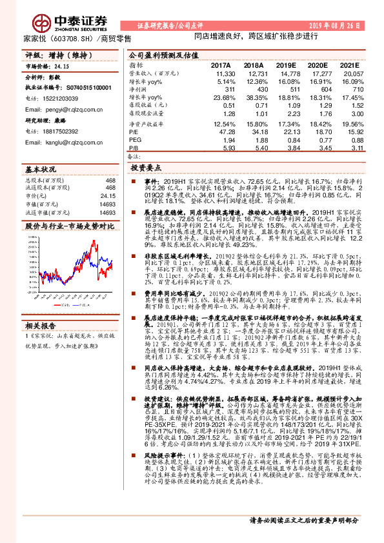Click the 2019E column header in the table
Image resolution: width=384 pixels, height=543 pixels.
[x=285, y=66]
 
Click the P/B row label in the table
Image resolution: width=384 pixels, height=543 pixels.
[x=134, y=148]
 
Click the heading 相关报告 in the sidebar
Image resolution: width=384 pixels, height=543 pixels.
[x=41, y=325]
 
